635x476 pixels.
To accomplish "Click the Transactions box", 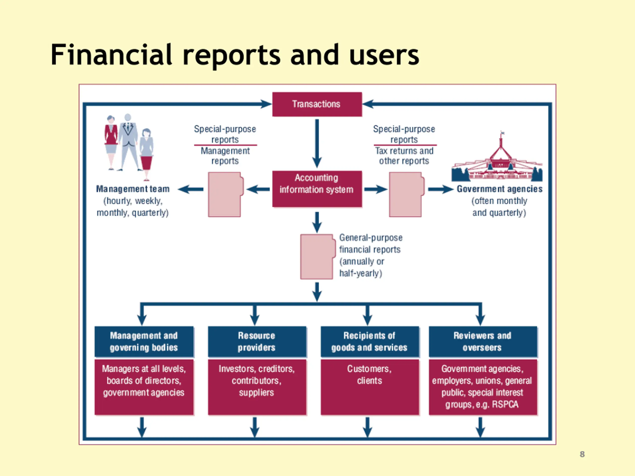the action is (x=317, y=104).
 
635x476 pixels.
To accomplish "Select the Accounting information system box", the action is (x=317, y=189).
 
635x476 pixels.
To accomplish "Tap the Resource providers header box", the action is (x=257, y=341).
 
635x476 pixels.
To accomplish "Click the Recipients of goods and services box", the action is (x=370, y=341).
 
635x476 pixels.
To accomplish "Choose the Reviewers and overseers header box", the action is (x=483, y=341).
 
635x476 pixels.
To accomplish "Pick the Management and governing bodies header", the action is (x=144, y=341).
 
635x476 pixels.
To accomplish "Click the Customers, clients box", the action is (x=370, y=387).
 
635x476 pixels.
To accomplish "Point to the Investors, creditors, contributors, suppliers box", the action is (x=257, y=387).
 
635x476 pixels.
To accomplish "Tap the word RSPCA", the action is (x=505, y=404).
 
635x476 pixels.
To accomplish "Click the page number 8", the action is (x=582, y=454).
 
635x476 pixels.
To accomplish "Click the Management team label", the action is (x=133, y=189).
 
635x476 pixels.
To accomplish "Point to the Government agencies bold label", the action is (x=500, y=189).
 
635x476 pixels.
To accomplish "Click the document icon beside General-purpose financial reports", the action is (x=317, y=257).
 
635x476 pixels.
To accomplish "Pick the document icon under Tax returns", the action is (x=407, y=195).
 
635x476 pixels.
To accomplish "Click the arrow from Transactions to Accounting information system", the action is (x=317, y=144).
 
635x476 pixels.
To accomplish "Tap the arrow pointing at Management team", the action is (x=190, y=189).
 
